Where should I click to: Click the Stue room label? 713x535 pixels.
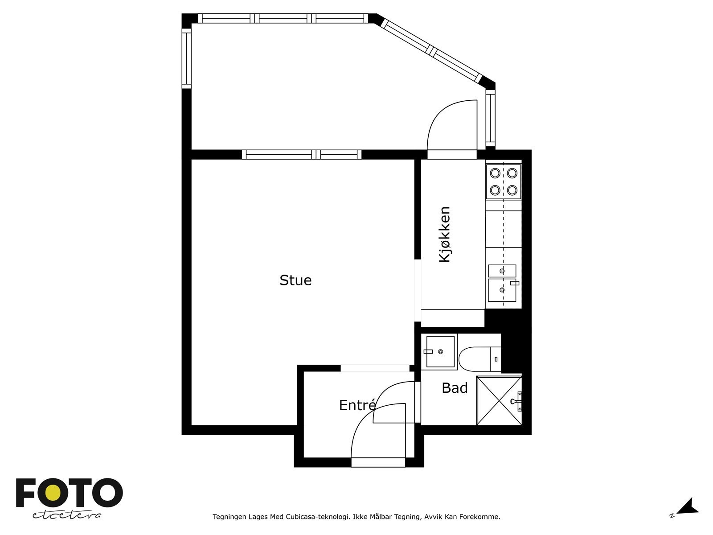click(295, 280)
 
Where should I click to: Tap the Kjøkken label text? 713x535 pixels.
click(445, 234)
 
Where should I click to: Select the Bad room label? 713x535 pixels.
click(455, 388)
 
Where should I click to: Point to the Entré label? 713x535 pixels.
click(357, 405)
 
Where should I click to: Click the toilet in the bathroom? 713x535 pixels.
click(479, 359)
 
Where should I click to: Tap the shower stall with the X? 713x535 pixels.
click(499, 401)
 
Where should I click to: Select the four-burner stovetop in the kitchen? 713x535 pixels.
click(503, 181)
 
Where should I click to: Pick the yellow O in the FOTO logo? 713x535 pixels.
click(53, 493)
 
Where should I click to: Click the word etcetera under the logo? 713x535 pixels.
click(66, 515)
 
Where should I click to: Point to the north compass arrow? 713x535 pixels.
click(688, 515)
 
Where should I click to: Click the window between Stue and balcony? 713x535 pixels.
click(301, 155)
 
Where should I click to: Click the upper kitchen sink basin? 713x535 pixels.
click(502, 271)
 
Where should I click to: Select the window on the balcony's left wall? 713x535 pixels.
click(186, 58)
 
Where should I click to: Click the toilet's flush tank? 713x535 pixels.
click(496, 359)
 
